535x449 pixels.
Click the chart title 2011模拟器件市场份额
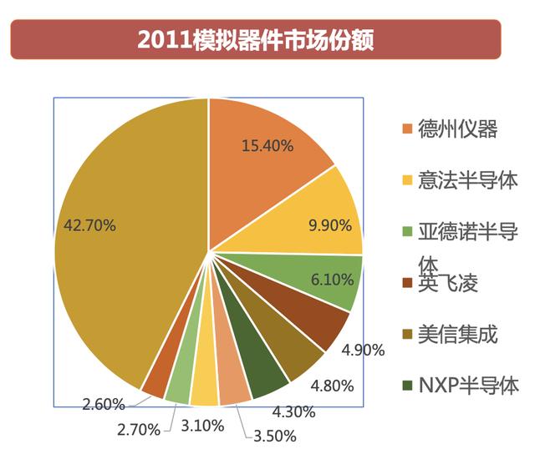tap(255, 40)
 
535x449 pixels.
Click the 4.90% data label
tap(364, 350)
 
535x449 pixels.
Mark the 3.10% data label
tap(202, 426)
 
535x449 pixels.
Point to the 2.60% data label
tap(104, 405)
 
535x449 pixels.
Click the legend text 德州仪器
tap(457, 129)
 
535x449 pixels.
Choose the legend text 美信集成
tap(457, 335)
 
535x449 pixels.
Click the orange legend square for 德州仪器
tap(407, 129)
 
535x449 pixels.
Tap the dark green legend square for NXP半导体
tap(407, 386)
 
